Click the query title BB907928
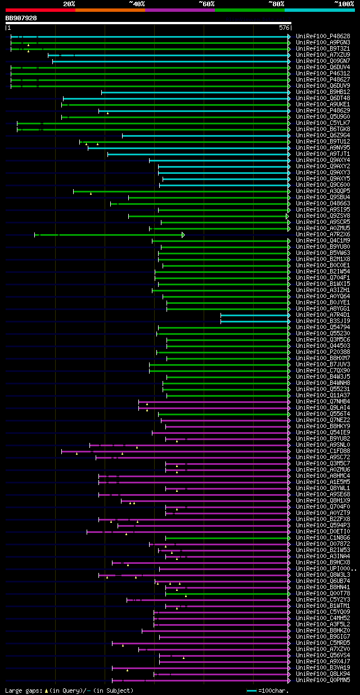21,18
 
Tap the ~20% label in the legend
69,3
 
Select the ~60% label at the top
206,3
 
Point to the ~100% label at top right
344,3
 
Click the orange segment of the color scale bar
110,10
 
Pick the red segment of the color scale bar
40,10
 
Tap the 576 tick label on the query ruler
284,28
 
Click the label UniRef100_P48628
322,37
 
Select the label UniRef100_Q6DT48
322,98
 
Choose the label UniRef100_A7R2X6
322,235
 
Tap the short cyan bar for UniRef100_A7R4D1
254,315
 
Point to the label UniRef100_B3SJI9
322,321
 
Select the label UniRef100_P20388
322,352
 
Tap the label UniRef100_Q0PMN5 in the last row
322,680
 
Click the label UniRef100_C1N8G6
322,538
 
